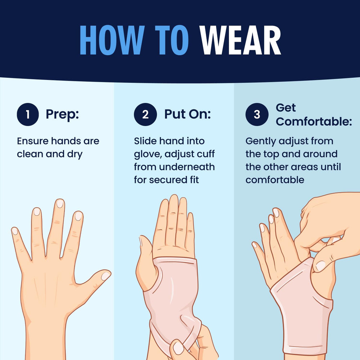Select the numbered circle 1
[x=28, y=114]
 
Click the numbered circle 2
[x=145, y=114]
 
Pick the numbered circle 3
[x=257, y=114]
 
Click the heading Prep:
[x=62, y=114]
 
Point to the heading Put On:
[x=187, y=114]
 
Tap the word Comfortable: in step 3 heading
[x=314, y=121]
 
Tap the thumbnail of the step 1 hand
[x=105, y=276]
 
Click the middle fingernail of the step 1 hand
[x=60, y=204]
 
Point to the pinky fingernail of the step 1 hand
[x=15, y=231]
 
